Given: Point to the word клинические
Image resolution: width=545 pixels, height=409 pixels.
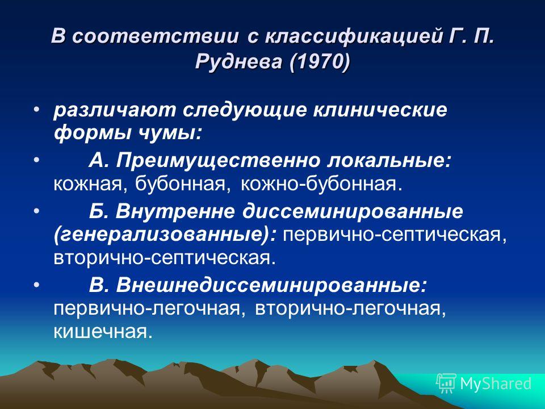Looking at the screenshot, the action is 380,110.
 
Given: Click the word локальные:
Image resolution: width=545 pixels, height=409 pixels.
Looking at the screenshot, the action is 388,160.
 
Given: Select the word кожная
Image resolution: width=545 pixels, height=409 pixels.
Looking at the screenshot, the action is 90,184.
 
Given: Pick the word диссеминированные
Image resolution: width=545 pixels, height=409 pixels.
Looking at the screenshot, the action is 353,211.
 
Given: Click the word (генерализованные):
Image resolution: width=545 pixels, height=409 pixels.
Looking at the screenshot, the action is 165,235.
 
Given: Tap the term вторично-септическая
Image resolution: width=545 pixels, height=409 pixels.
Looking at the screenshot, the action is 165,258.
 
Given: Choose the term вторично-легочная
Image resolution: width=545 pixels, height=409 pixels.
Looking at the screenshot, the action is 350,309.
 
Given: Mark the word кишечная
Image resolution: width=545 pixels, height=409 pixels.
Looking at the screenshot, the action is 103,332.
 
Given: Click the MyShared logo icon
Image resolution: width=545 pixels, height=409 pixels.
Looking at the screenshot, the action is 446,383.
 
